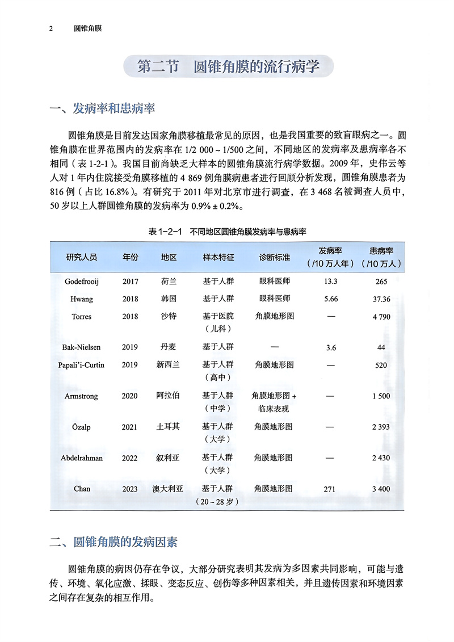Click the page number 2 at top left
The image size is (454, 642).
51,28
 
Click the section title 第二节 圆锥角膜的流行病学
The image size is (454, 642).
228,66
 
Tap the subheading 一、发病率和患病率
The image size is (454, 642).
103,108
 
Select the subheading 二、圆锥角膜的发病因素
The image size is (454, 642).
113,542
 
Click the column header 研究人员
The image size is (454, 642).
82,257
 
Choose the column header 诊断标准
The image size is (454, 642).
275,257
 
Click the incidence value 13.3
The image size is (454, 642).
330,282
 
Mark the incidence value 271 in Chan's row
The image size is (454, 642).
330,489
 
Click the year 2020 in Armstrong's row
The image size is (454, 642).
130,396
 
